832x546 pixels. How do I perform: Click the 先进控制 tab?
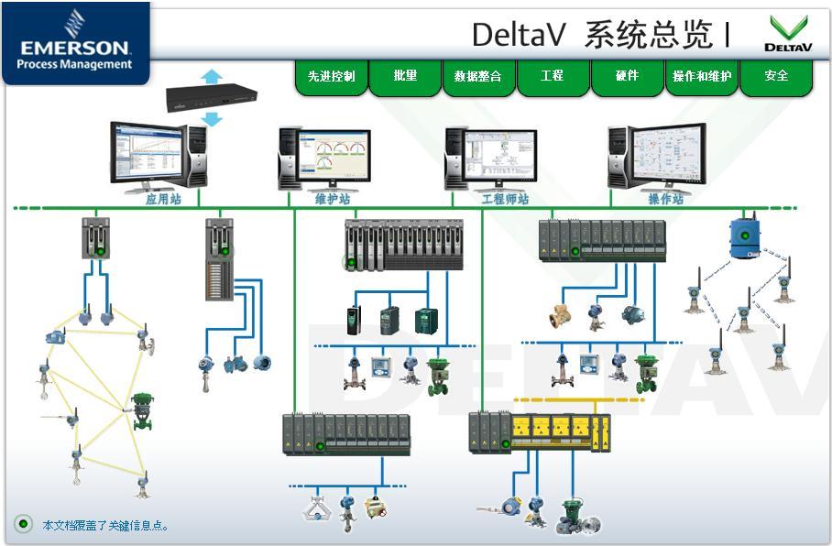pos(331,76)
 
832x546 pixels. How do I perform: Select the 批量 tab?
pos(405,76)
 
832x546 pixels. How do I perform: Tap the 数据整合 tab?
pos(478,76)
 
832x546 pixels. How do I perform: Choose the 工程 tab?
pos(553,76)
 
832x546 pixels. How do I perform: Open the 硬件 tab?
pos(627,76)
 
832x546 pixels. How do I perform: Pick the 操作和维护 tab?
pos(702,76)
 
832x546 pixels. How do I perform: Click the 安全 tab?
pos(776,76)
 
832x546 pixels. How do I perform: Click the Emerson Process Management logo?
pos(75,42)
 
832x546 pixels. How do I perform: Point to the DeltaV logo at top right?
pos(788,34)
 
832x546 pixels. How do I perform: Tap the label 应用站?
pos(163,198)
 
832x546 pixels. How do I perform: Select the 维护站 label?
pos(332,198)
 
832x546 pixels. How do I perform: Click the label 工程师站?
pos(505,198)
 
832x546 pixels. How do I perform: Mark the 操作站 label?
pos(666,198)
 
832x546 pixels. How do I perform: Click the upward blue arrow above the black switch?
pos(212,75)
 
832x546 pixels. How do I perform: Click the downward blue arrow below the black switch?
pos(212,118)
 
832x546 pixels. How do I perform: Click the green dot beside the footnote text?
pos(23,524)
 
